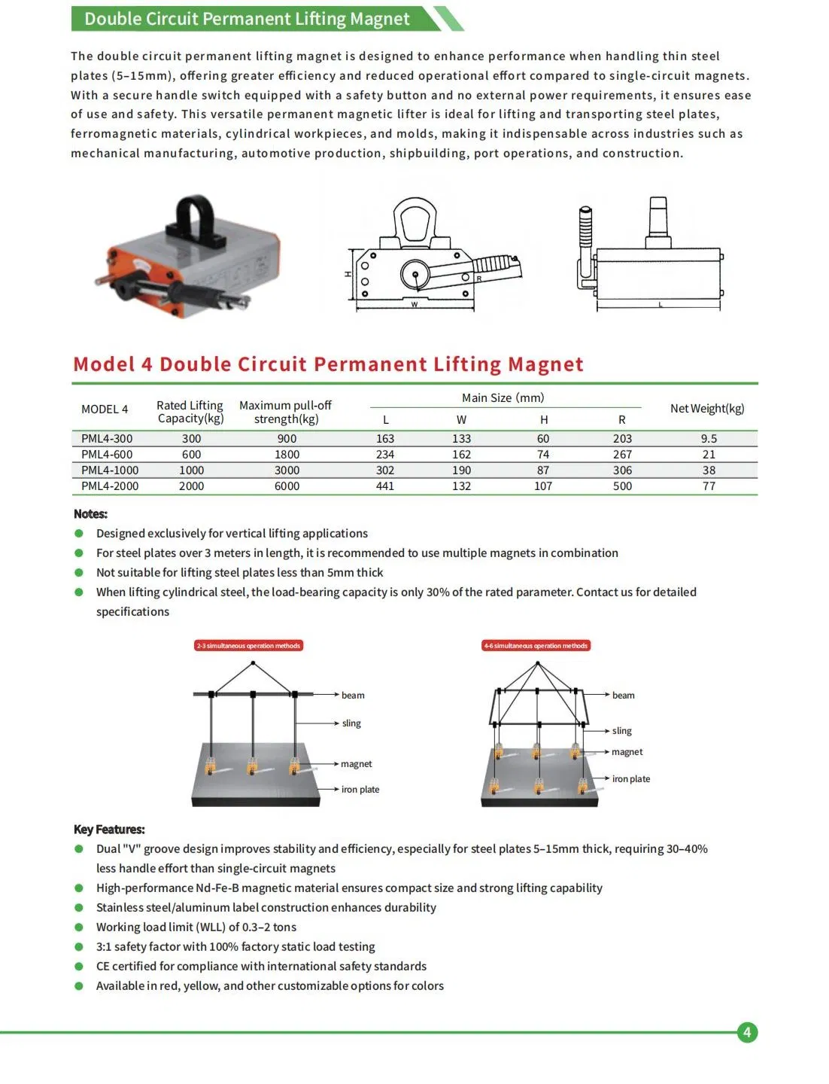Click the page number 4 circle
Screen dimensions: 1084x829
click(746, 1032)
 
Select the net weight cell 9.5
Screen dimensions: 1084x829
click(709, 438)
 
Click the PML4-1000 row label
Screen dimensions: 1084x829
click(110, 470)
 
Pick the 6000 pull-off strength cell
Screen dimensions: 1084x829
click(287, 486)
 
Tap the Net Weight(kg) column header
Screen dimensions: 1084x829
click(706, 408)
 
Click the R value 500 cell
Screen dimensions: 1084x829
click(622, 486)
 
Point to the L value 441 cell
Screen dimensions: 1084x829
click(385, 486)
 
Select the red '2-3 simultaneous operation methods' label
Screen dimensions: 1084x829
click(248, 646)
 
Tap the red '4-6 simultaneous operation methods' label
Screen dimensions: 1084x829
click(536, 646)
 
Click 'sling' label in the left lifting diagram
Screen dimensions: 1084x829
click(351, 723)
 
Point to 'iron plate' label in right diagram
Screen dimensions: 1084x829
click(630, 778)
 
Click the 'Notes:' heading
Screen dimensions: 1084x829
click(90, 513)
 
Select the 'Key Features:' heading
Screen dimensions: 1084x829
click(109, 829)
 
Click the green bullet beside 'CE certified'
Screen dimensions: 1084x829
click(79, 966)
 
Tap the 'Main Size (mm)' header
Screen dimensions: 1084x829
click(503, 397)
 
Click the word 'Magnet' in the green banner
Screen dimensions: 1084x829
click(380, 19)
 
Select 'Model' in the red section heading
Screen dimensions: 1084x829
click(104, 364)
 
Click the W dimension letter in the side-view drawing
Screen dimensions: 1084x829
click(414, 305)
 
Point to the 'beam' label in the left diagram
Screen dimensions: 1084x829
click(352, 695)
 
